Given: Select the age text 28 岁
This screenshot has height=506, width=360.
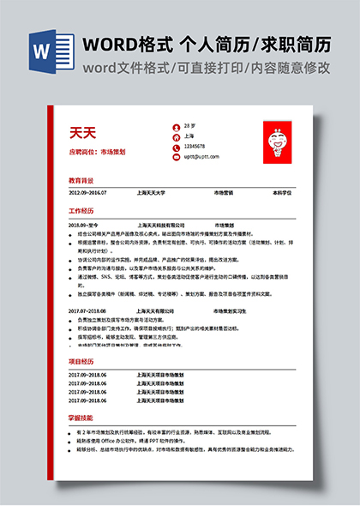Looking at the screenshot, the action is point(189,126).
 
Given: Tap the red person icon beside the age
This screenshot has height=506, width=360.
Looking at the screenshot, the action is point(176,126).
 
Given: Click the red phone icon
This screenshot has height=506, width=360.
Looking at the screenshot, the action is point(176,147).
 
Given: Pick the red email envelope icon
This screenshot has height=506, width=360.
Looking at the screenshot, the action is point(176,156).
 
